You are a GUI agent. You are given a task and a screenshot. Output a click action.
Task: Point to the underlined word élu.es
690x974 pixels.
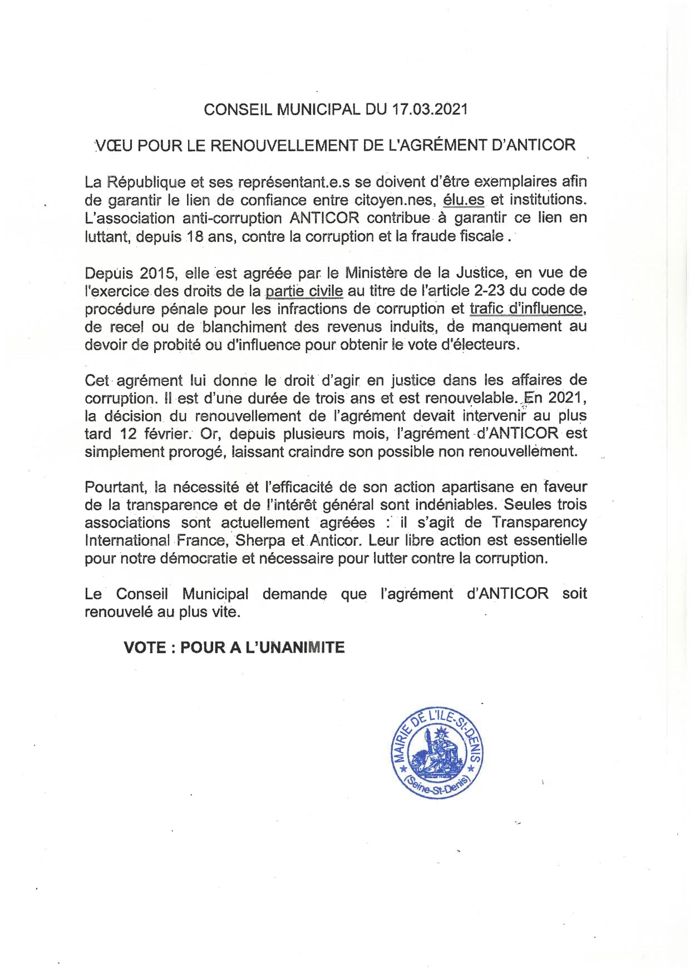[x=464, y=200]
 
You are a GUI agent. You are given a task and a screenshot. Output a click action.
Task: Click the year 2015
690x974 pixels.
[x=158, y=273]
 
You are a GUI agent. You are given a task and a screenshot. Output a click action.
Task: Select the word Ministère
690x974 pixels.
[x=380, y=273]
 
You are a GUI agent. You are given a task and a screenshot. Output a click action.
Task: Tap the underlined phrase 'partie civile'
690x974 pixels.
[x=304, y=291]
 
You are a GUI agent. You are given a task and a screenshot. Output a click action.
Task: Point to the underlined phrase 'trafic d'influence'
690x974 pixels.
[x=526, y=309]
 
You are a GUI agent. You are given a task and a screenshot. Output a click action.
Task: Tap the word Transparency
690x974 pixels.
[x=539, y=523]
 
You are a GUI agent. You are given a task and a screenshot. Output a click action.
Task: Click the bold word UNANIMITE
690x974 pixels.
[x=295, y=647]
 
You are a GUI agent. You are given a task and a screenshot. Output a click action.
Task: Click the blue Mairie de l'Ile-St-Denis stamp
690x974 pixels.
[x=437, y=754]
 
